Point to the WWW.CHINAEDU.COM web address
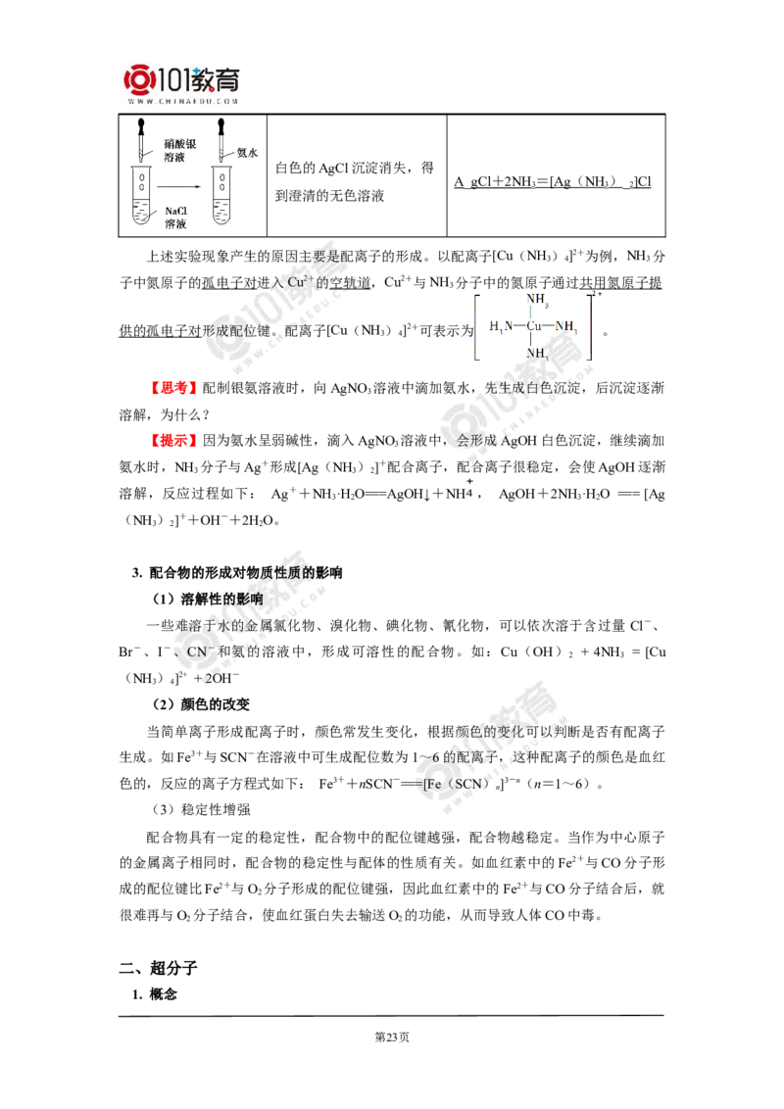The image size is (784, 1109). click(182, 101)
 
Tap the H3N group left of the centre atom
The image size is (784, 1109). click(501, 325)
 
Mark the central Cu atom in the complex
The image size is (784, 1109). click(535, 325)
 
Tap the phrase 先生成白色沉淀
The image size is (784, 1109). click(527, 388)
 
